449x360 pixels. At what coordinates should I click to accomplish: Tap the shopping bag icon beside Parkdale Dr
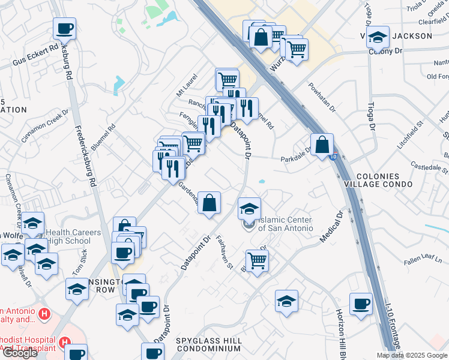point(322,144)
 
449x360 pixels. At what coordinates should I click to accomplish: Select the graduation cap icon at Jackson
point(378,37)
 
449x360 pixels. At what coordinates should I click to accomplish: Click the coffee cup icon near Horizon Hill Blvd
point(361,304)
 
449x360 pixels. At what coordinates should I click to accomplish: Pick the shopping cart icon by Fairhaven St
point(257,260)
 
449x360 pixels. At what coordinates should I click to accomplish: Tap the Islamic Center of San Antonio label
point(285,224)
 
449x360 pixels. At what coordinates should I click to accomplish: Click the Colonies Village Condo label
point(385,179)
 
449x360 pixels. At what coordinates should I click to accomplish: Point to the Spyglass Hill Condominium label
point(209,344)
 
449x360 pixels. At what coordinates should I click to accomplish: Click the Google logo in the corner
point(20,352)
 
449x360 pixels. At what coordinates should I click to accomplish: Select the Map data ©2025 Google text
point(411,355)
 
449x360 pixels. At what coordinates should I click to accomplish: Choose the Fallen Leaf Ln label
point(423,256)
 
